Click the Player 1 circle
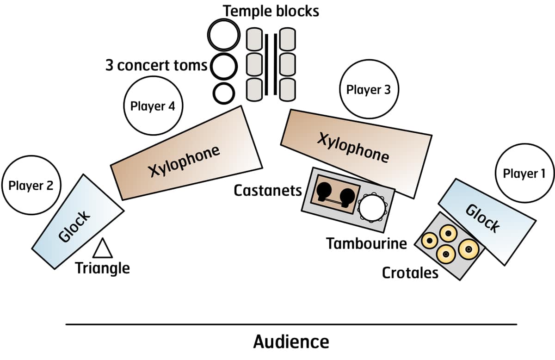[x=524, y=174]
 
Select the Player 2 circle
[x=31, y=186]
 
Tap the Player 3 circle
[x=368, y=90]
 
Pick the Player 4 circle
[x=153, y=106]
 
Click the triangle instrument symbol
[x=103, y=249]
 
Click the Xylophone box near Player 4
[x=186, y=153]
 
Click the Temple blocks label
[x=271, y=10]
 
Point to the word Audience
[x=291, y=342]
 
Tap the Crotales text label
[x=410, y=273]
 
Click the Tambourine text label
[x=367, y=243]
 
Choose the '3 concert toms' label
[x=156, y=65]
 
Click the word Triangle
[x=103, y=268]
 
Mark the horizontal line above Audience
[x=291, y=324]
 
